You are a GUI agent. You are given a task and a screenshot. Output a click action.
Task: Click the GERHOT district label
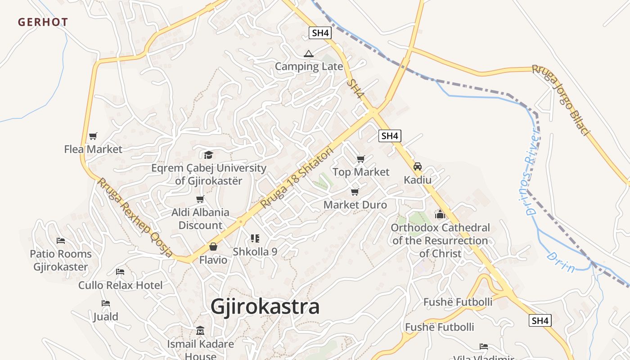tap(43, 22)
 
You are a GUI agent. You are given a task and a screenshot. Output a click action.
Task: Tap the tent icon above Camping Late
tap(308, 54)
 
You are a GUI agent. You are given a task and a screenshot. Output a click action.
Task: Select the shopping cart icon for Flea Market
tap(93, 136)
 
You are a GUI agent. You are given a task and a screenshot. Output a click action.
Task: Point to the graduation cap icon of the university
tap(208, 155)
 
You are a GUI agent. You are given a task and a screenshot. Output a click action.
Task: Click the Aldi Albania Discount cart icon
tap(200, 199)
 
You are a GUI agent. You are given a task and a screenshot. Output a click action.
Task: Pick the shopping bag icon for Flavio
tap(213, 247)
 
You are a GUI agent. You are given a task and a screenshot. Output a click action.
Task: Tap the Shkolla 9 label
tap(255, 252)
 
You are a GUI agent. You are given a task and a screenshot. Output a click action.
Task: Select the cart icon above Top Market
tap(360, 159)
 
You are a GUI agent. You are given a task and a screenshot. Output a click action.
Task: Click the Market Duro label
tap(355, 205)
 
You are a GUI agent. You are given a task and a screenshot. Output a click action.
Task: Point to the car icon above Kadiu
tap(418, 166)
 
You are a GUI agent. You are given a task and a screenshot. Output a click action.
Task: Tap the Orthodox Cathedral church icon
tap(440, 214)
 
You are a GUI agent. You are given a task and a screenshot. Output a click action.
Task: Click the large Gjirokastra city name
tap(265, 307)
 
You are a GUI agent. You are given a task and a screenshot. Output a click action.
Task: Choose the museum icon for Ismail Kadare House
tap(200, 331)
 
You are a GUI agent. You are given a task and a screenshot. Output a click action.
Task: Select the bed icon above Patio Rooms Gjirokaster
tap(61, 241)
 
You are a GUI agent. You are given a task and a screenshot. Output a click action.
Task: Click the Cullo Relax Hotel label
tap(121, 285)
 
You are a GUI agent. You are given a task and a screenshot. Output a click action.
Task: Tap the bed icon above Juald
tap(106, 303)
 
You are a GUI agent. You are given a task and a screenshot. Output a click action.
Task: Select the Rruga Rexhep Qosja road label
tap(135, 217)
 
